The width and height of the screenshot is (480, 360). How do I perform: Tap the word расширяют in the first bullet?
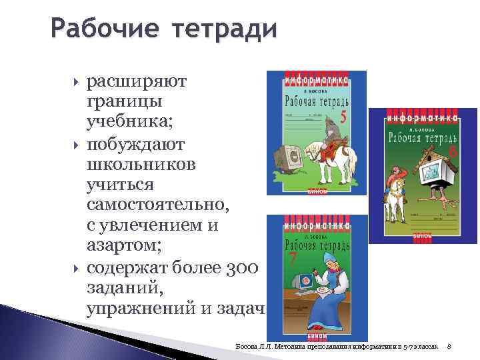[137, 81]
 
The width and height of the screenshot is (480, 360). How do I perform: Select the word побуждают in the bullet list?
[137, 144]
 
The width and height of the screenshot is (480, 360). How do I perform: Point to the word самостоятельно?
[157, 206]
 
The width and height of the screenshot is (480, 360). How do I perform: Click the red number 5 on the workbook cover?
[343, 117]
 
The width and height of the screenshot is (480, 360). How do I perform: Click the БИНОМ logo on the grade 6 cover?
[423, 235]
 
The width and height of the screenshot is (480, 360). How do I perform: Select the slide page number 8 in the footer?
[449, 347]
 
